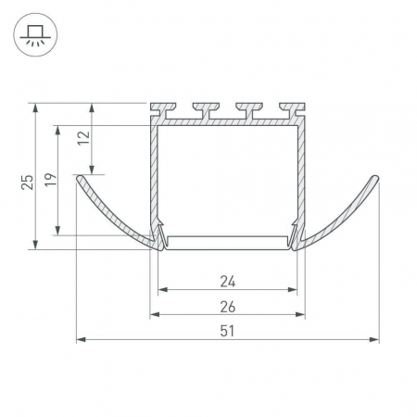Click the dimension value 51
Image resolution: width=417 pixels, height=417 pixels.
(227, 331)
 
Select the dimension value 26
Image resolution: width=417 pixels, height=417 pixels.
(228, 307)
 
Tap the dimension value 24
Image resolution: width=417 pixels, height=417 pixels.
(228, 282)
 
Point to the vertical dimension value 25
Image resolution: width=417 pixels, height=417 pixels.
(27, 183)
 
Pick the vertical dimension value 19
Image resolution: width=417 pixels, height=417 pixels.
(51, 180)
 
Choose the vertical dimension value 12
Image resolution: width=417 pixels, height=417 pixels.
(83, 138)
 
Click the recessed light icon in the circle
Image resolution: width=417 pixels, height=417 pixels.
(35, 35)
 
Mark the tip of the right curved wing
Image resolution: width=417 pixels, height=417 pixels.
(376, 178)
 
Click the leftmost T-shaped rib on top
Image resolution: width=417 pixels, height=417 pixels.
(163, 110)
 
